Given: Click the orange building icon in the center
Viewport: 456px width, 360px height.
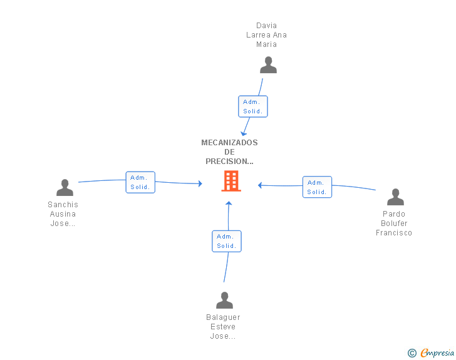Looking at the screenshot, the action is [x=231, y=181].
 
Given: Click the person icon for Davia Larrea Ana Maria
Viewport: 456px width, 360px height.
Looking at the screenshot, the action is [x=268, y=65].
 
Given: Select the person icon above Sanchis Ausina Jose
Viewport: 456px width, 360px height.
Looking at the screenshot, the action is [x=65, y=187].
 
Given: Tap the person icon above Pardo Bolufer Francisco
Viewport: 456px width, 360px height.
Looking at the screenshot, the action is [x=395, y=197].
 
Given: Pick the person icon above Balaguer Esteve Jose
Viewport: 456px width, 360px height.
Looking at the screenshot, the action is [x=224, y=300].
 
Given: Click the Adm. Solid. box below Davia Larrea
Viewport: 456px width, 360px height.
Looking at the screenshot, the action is [x=252, y=106].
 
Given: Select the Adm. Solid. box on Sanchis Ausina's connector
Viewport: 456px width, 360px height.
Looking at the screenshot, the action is [x=140, y=182].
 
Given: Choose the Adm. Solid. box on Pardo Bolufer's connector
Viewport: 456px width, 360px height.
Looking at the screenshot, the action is [x=317, y=187].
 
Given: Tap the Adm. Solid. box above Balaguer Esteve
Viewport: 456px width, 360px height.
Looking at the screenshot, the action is [x=227, y=241].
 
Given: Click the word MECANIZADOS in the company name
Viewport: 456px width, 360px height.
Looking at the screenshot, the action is [x=229, y=143].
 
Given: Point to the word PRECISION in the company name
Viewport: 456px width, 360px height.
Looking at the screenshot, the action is [x=227, y=162].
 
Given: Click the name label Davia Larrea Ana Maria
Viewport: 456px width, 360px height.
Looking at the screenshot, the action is [x=266, y=35].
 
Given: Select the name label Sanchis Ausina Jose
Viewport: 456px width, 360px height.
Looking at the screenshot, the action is [x=63, y=214].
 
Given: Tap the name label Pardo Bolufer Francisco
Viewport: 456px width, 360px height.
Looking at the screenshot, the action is [x=394, y=224].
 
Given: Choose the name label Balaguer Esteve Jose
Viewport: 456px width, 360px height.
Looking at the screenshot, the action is [x=223, y=327].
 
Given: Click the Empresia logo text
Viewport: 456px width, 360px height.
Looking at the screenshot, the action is [x=437, y=352].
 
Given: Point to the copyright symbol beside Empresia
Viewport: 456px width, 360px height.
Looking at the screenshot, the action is [x=412, y=353].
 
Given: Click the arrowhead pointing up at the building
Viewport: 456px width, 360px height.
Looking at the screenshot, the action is [x=229, y=203].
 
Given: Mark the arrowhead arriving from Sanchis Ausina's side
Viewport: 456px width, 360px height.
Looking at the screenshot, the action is [x=200, y=183].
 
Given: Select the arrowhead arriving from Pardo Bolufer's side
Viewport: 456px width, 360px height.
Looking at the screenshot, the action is [x=260, y=185].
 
